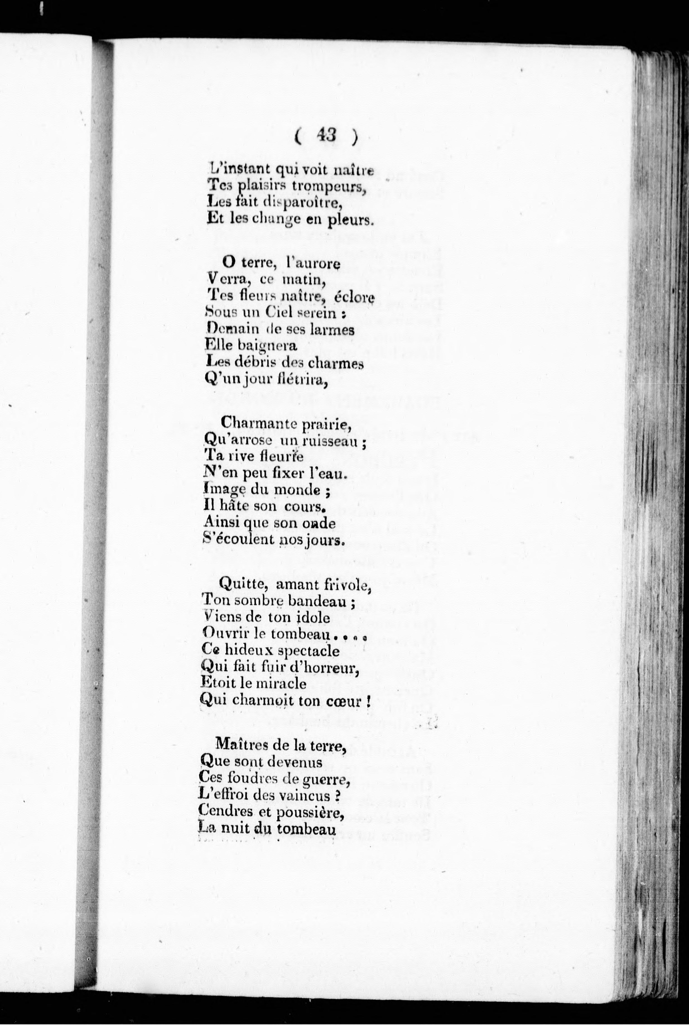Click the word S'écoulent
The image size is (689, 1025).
click(239, 540)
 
